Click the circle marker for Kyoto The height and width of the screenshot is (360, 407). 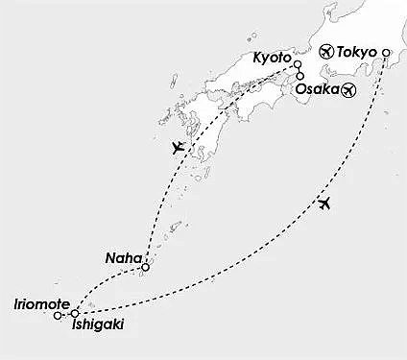click(x=298, y=65)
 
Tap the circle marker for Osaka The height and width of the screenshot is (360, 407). click(x=300, y=77)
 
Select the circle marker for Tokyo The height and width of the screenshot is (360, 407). click(x=386, y=53)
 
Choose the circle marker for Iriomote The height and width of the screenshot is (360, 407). click(x=59, y=314)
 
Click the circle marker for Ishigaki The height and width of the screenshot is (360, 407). click(x=75, y=312)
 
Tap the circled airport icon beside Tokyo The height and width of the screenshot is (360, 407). click(x=325, y=53)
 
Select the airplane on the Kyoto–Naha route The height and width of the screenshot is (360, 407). click(x=175, y=147)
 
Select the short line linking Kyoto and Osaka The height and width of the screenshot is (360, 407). click(x=299, y=71)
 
